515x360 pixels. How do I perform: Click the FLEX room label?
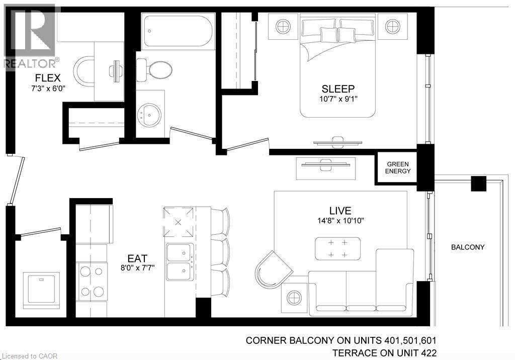[x=48, y=78]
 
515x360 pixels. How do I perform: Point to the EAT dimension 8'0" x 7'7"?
[x=137, y=267]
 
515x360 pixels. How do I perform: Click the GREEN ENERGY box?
[x=398, y=168]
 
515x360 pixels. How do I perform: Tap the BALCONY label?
[x=467, y=247]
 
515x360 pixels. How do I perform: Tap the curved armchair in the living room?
[x=272, y=267]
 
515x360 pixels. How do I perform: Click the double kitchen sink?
[x=180, y=260]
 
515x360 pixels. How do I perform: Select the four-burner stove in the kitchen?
[x=92, y=281]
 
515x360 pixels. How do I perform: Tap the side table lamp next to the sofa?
[x=293, y=298]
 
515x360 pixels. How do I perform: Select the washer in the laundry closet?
[x=41, y=291]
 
